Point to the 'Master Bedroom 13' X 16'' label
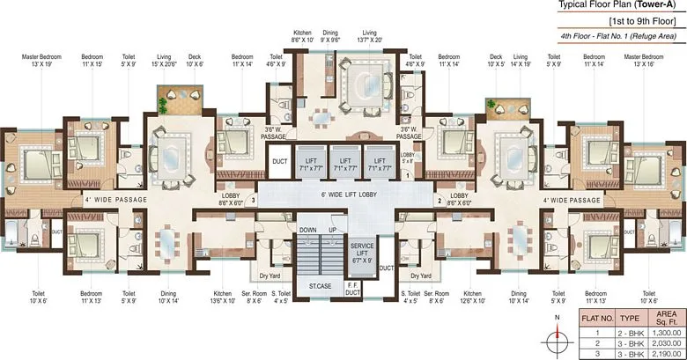tap(646, 61)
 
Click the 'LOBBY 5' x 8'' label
tap(406, 157)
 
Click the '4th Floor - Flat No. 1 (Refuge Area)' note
tap(617, 36)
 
